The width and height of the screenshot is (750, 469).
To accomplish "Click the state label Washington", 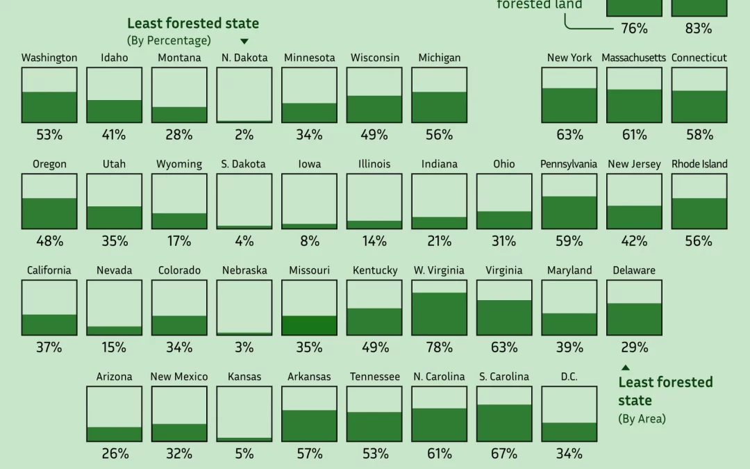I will tap(49, 58).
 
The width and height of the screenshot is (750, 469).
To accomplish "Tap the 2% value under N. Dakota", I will tap(244, 135).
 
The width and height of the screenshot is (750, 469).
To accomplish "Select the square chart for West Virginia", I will tap(439, 308).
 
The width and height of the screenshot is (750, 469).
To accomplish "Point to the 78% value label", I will tap(439, 347).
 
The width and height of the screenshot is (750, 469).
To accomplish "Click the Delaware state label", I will tap(634, 270).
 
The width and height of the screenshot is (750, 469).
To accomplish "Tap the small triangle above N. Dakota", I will tap(244, 42).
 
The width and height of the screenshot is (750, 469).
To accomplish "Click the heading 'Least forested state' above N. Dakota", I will tap(193, 23).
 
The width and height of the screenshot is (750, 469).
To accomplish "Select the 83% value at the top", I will tap(699, 28).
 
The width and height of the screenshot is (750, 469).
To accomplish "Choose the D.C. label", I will tap(569, 377).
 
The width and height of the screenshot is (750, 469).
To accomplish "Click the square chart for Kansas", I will tap(244, 414).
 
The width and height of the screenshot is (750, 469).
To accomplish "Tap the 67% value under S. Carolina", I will tap(504, 454).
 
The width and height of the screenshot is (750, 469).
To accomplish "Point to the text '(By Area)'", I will tap(642, 418).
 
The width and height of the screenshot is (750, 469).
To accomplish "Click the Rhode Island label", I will tap(699, 164).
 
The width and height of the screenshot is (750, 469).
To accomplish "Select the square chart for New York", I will tap(569, 95).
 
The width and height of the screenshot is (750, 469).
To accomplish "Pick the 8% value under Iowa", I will tap(309, 241).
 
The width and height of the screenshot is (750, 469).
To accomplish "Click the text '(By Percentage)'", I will tap(169, 40).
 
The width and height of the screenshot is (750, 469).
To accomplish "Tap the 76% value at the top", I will tap(633, 28).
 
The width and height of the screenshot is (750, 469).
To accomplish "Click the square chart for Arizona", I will tap(114, 414).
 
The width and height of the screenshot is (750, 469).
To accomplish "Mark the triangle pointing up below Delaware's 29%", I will tap(625, 368).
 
